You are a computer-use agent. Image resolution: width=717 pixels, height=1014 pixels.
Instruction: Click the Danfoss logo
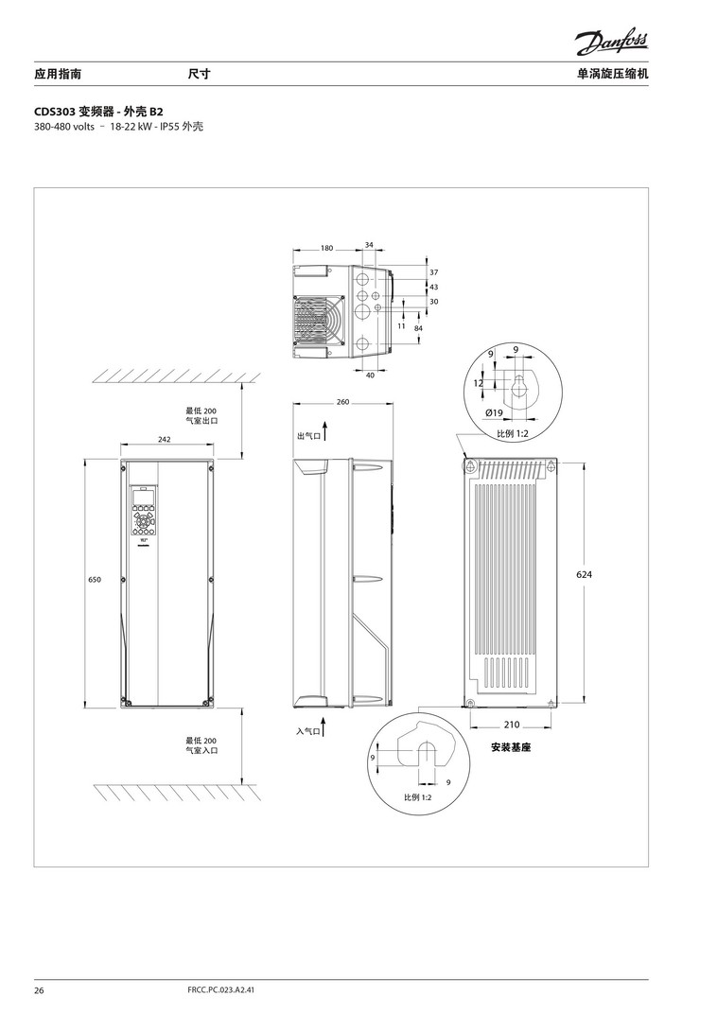(611, 44)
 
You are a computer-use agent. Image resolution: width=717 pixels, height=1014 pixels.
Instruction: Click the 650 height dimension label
(95, 580)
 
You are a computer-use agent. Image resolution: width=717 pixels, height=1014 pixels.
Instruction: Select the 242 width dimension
(165, 439)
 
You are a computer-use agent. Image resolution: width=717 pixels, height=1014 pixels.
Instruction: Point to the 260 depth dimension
(342, 402)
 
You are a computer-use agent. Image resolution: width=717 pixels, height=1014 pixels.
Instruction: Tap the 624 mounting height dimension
(584, 574)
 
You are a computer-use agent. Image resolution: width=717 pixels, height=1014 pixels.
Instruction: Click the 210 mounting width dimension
(512, 725)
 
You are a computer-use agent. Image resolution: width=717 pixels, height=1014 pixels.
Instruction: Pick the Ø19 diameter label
(494, 412)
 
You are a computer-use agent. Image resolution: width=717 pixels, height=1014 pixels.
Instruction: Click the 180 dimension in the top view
(327, 248)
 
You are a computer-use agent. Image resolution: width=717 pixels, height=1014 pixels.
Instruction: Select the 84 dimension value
(418, 328)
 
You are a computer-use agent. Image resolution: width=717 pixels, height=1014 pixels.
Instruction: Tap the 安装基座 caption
(511, 747)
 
